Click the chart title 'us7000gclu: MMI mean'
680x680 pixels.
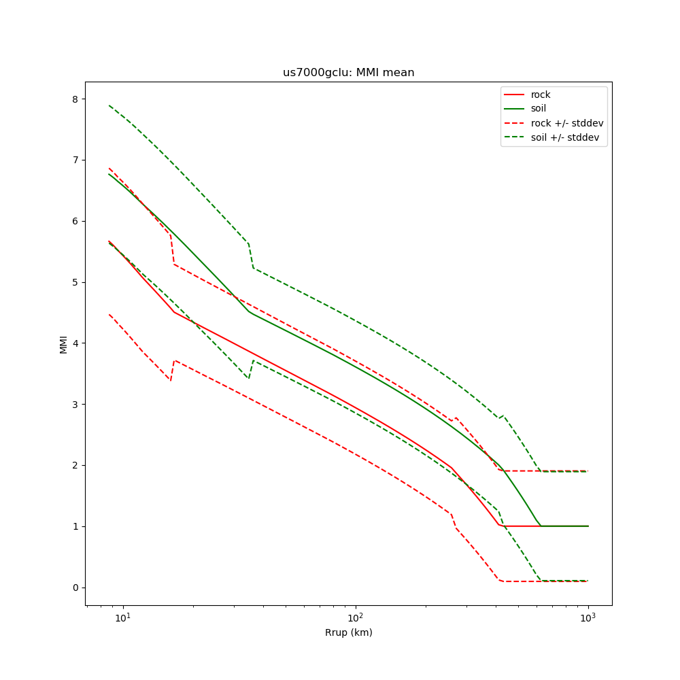pyautogui.click(x=348, y=73)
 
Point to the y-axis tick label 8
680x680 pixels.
pyautogui.click(x=75, y=99)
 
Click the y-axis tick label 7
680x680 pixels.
pyautogui.click(x=75, y=160)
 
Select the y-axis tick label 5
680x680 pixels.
pyautogui.click(x=75, y=282)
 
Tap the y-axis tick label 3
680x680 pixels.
pyautogui.click(x=75, y=405)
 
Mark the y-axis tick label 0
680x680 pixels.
pyautogui.click(x=75, y=588)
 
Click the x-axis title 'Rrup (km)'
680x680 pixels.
pyautogui.click(x=348, y=632)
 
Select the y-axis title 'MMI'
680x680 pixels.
pyautogui.click(x=63, y=344)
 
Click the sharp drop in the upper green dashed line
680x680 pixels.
pyautogui.click(x=251, y=256)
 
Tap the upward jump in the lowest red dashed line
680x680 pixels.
pyautogui.click(x=173, y=371)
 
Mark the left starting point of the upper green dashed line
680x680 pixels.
pyautogui.click(x=109, y=105)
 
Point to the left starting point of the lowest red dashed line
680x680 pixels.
pyautogui.click(x=109, y=314)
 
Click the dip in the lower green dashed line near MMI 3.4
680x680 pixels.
pyautogui.click(x=249, y=378)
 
